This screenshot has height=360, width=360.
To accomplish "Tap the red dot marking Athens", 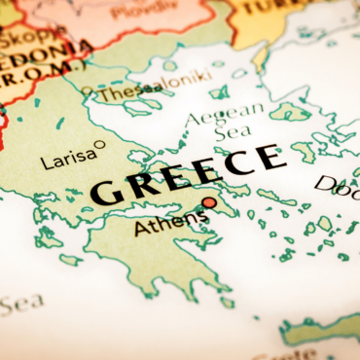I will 208,202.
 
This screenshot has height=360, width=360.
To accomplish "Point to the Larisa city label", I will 68,156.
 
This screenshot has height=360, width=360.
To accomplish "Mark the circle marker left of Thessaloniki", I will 89,91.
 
